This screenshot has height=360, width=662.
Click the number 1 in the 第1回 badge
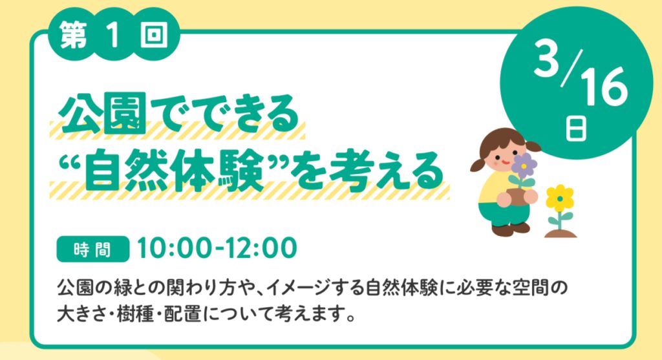click(x=114, y=35)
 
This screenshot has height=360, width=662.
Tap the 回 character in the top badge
click(x=154, y=35)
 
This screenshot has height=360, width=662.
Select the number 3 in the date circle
click(x=547, y=58)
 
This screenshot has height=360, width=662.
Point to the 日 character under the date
click(x=576, y=129)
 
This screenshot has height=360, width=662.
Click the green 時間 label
click(x=93, y=249)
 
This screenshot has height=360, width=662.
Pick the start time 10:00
click(x=174, y=248)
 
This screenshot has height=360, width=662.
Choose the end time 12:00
click(x=261, y=248)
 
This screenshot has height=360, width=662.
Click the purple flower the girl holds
click(x=523, y=165)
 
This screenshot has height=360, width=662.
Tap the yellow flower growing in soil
click(x=559, y=198)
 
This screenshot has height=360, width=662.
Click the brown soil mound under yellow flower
click(x=561, y=233)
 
